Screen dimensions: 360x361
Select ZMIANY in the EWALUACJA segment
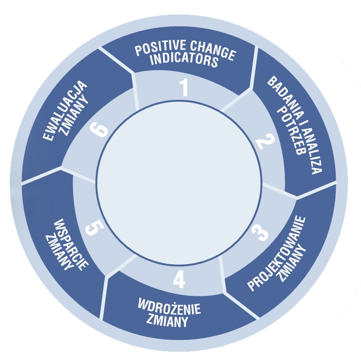point(77,118)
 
